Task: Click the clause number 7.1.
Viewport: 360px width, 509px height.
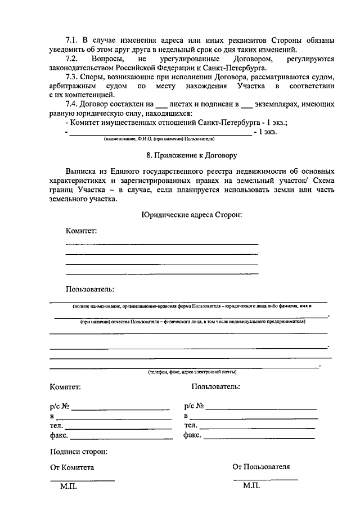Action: (x=72, y=41)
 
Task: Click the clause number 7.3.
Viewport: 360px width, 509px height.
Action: (x=72, y=76)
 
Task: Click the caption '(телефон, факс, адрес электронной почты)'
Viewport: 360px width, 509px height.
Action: (x=192, y=372)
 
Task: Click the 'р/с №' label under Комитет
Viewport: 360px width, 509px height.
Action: (x=59, y=406)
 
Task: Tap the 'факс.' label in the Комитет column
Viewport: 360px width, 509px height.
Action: (x=58, y=435)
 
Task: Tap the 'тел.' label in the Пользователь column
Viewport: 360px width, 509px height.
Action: (x=191, y=426)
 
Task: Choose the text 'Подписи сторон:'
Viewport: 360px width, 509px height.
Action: (x=78, y=451)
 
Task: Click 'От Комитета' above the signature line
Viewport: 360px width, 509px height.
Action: (x=72, y=467)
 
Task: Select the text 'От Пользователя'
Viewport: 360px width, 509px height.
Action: (x=261, y=467)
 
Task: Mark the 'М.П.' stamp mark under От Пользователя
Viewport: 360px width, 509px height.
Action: (x=252, y=485)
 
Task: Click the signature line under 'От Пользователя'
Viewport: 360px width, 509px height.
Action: (x=265, y=479)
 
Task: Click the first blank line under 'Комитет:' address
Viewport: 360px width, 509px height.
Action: (x=162, y=244)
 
